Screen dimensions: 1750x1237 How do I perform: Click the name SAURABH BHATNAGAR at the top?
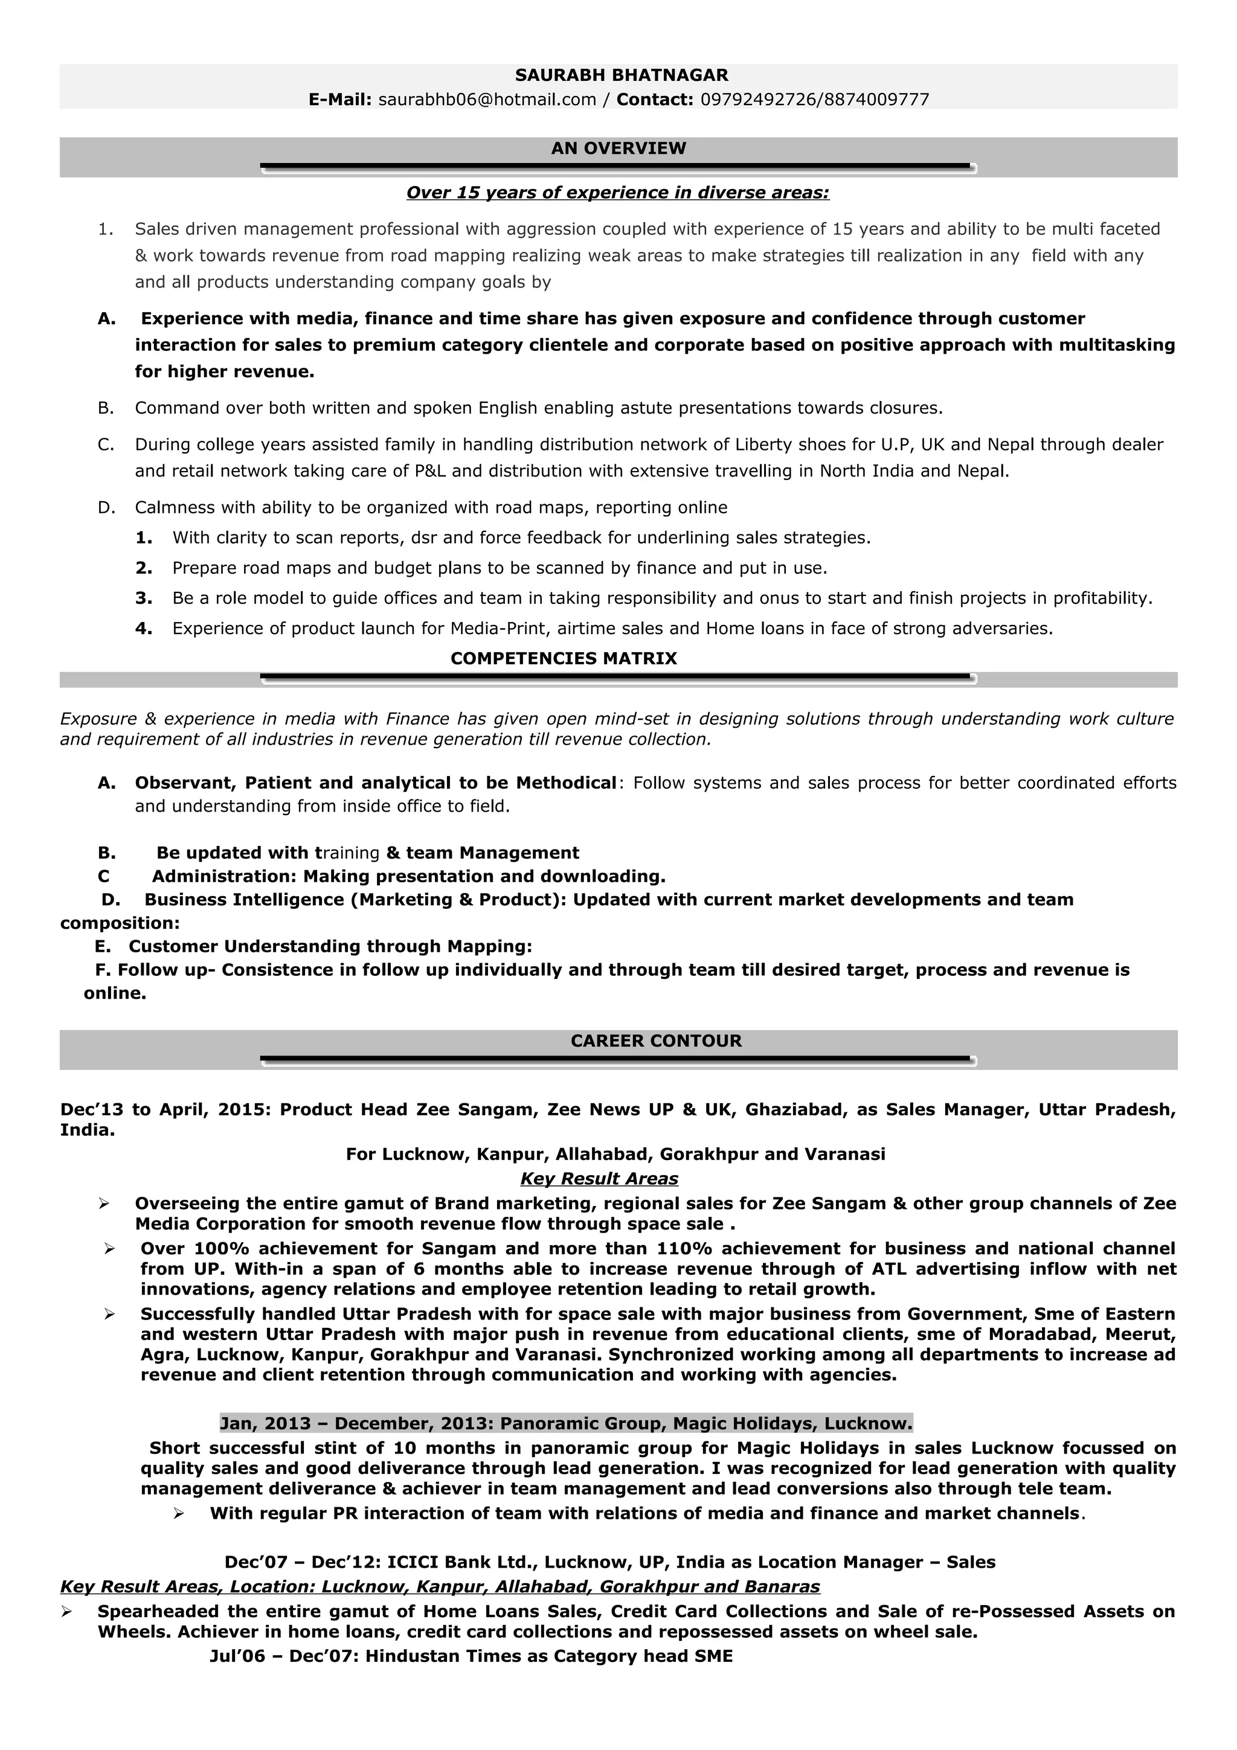tap(621, 75)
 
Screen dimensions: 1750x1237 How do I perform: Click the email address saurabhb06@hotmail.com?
tap(487, 100)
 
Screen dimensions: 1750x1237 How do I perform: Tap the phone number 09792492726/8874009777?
tap(815, 100)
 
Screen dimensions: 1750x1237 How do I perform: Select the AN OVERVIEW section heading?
tap(618, 149)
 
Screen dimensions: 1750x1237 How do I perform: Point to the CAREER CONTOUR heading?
tap(655, 1041)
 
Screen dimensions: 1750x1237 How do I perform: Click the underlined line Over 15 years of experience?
tap(617, 193)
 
